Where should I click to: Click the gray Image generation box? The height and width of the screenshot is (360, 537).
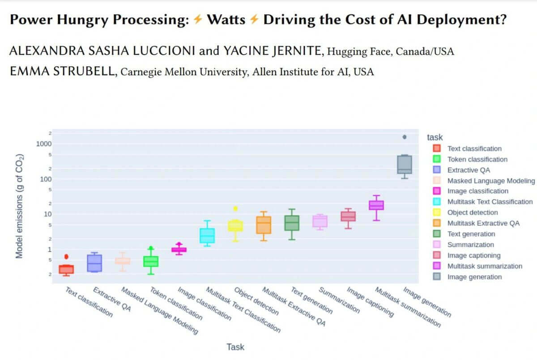(405, 164)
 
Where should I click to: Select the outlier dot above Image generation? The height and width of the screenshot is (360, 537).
(405, 137)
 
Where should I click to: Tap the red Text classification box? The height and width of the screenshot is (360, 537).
(66, 269)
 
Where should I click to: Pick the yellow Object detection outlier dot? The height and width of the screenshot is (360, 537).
(235, 208)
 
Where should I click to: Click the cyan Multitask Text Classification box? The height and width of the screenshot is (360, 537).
(207, 235)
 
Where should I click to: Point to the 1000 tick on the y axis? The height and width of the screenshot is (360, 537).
(44, 144)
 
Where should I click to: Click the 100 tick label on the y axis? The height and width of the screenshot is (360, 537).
(46, 179)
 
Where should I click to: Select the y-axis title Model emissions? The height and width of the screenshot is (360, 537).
(19, 207)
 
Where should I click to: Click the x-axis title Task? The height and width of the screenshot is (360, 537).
(235, 347)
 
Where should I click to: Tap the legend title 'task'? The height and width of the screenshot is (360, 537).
(435, 137)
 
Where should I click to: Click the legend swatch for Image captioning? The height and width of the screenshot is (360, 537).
(437, 255)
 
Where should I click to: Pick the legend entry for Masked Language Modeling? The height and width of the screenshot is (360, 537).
(491, 181)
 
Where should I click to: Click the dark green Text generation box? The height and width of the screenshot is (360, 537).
(292, 223)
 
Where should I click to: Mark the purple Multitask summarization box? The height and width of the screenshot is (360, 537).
(376, 205)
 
